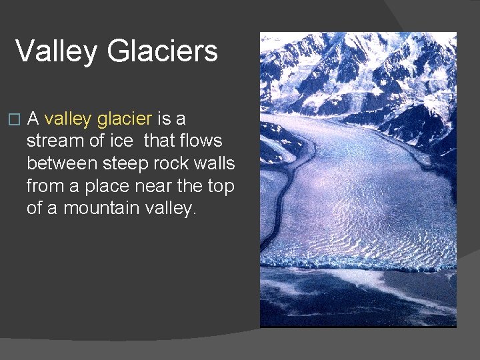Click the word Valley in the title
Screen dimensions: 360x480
55,51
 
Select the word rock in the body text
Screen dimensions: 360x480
179,163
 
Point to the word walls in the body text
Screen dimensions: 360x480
217,163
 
